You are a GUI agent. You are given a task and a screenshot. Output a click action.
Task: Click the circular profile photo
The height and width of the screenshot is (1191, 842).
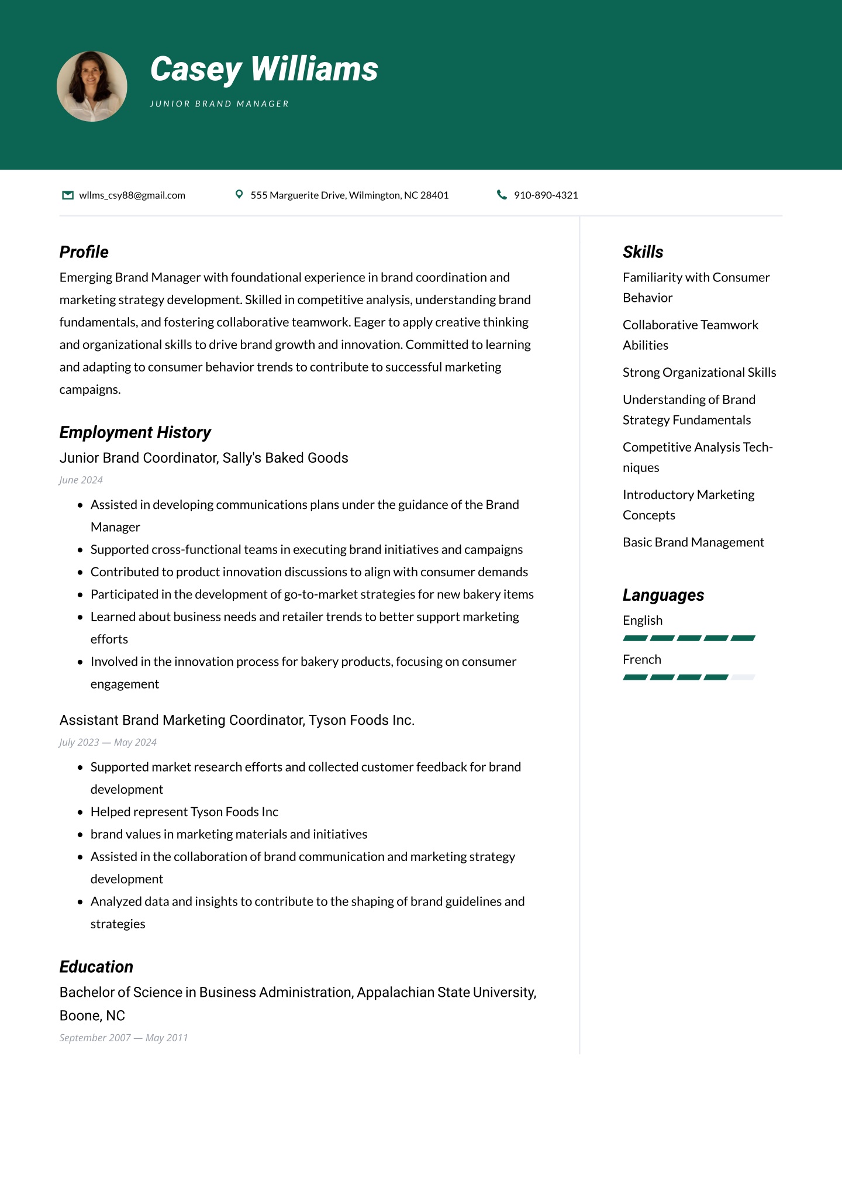click(92, 87)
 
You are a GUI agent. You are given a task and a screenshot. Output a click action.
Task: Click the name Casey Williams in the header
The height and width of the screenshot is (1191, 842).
click(264, 70)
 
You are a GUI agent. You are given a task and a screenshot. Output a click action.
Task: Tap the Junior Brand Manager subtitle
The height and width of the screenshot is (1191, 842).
click(219, 104)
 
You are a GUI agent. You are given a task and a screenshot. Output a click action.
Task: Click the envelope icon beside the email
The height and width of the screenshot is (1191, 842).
click(68, 195)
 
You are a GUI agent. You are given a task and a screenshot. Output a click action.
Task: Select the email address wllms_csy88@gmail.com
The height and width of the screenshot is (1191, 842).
click(132, 195)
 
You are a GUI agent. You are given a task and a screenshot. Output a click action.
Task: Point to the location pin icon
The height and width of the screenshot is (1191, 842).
click(239, 194)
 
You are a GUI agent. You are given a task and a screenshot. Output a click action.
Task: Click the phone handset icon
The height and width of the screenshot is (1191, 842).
click(501, 195)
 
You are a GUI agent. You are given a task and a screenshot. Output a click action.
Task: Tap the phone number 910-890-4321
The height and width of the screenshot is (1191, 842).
click(546, 195)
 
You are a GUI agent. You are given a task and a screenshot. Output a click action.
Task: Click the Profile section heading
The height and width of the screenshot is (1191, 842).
click(84, 252)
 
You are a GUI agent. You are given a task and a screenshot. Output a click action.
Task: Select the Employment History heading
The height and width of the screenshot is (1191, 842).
click(135, 432)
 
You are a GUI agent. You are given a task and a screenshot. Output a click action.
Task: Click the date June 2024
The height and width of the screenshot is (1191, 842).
click(81, 480)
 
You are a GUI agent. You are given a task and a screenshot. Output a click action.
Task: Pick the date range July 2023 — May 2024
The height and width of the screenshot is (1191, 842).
click(108, 742)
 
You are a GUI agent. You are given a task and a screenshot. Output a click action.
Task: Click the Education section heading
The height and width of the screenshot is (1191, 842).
click(96, 967)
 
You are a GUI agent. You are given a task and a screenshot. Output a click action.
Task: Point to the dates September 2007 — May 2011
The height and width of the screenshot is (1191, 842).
click(123, 1038)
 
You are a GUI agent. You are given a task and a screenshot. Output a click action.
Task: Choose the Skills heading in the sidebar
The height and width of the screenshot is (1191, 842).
click(643, 252)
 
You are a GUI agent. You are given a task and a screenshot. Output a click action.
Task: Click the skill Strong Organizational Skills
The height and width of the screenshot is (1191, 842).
click(699, 373)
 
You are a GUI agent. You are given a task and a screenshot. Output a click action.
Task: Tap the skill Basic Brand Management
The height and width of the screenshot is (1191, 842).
click(693, 542)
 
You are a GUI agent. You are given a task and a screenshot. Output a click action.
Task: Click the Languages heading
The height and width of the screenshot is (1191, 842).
click(663, 595)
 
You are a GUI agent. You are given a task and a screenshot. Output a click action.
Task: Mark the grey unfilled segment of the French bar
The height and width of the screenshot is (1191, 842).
click(743, 677)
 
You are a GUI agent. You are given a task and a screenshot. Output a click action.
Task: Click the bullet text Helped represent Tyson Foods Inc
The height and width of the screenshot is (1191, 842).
click(184, 812)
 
